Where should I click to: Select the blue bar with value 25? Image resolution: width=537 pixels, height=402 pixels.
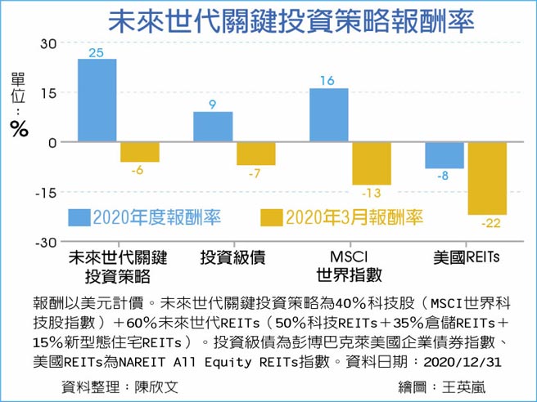[x=97, y=100]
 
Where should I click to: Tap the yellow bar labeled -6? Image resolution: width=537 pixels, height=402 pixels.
[x=140, y=152]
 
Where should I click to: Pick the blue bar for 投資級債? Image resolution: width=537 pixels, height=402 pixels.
[x=213, y=127]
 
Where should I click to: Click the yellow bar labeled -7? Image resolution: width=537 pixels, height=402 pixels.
[x=255, y=154]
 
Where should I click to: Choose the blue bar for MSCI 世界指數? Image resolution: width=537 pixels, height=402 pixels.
[x=328, y=115]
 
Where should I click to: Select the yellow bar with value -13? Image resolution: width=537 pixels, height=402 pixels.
[x=372, y=163]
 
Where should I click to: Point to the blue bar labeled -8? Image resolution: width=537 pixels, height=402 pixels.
[x=444, y=155]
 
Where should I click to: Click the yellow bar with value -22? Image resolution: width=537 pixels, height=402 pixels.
[x=488, y=178]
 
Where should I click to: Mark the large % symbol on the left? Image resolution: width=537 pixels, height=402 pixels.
[x=18, y=127]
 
